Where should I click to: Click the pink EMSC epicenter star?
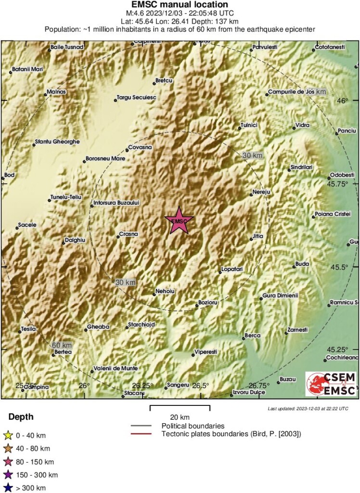tap(179, 221)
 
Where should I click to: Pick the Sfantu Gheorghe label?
tap(57, 142)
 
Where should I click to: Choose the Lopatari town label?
tap(231, 270)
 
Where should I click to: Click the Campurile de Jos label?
tap(291, 91)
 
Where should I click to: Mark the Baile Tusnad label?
tap(67, 47)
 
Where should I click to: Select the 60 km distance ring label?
tap(62, 345)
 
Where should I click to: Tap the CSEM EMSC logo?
tap(332, 384)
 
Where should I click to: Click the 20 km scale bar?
tap(180, 408)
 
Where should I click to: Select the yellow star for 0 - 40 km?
tap(8, 436)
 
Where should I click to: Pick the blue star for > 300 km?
tap(8, 488)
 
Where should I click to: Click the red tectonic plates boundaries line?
tap(143, 434)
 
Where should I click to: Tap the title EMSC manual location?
tap(180, 5)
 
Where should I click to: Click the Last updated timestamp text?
tap(308, 408)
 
